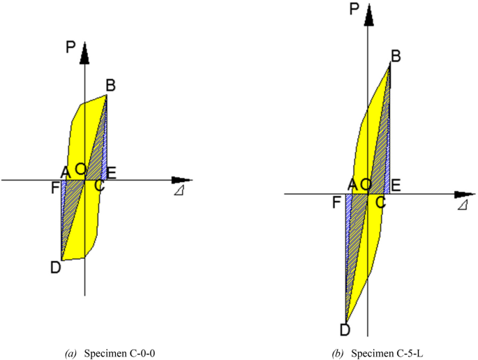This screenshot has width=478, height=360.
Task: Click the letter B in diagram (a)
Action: (x=111, y=85)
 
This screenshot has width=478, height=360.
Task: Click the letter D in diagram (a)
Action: (x=56, y=267)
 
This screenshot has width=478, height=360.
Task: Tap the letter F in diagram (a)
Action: (x=56, y=186)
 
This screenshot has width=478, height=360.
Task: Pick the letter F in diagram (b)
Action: (x=337, y=202)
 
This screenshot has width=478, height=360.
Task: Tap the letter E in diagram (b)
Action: (x=395, y=185)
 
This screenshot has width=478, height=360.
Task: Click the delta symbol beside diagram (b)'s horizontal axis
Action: (x=461, y=206)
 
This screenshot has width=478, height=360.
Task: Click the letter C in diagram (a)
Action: (x=100, y=186)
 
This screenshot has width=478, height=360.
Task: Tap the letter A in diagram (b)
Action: (x=352, y=184)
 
